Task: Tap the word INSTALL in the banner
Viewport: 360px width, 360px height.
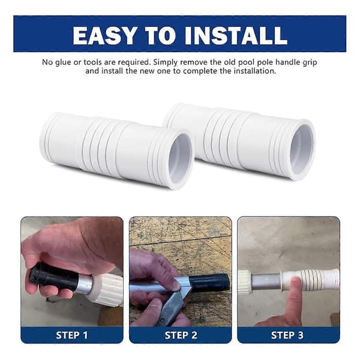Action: pyautogui.click(x=236, y=35)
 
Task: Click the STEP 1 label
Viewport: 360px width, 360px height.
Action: pyautogui.click(x=72, y=335)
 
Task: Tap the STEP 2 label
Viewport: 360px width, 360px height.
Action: pyautogui.click(x=181, y=335)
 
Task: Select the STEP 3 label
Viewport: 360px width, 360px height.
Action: pyautogui.click(x=287, y=335)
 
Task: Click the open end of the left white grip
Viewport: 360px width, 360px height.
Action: pyautogui.click(x=181, y=158)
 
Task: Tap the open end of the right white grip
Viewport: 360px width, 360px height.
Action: pyautogui.click(x=302, y=149)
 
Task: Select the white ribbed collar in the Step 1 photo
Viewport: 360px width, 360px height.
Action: pyautogui.click(x=107, y=287)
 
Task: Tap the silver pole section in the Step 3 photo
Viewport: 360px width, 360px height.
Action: pyautogui.click(x=266, y=281)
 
